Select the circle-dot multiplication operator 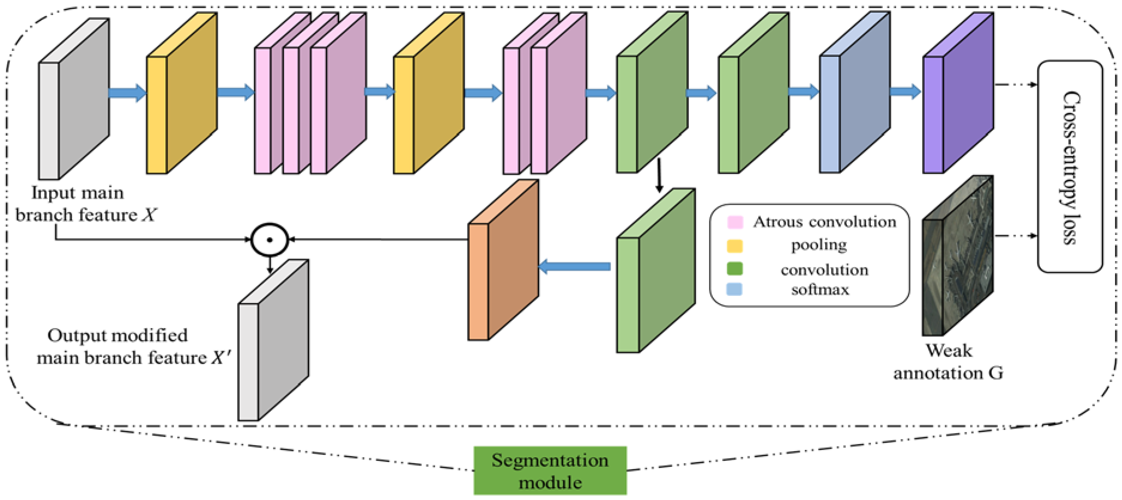click(270, 240)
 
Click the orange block click(503, 261)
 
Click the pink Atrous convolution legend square click(735, 222)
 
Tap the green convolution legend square click(735, 269)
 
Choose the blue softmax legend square click(735, 289)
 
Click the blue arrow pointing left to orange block click(575, 266)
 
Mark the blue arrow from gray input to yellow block click(127, 92)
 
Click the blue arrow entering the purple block click(905, 91)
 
